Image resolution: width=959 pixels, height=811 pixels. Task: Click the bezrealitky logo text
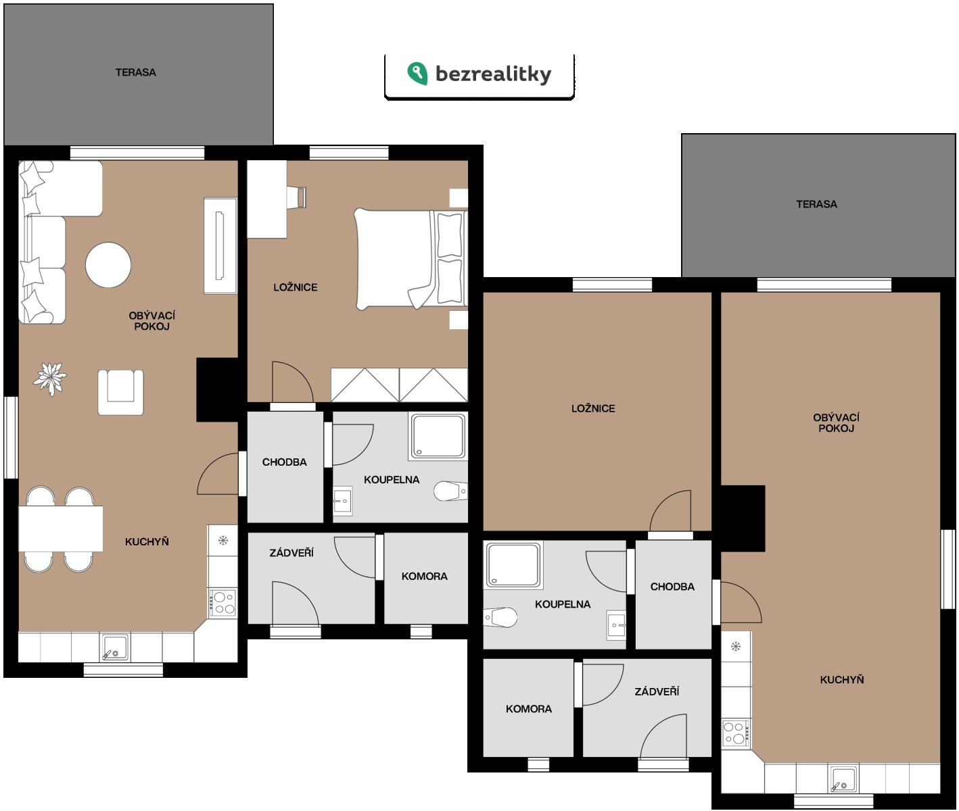[x=493, y=74]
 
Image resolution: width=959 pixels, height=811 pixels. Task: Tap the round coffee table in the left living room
[x=108, y=265]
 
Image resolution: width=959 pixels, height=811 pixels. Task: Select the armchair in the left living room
[x=120, y=392]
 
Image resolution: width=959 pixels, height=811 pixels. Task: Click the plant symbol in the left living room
[x=50, y=378]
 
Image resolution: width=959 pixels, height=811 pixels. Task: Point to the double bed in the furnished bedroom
[x=411, y=259]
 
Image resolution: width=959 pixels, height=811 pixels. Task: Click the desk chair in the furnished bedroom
[x=296, y=197]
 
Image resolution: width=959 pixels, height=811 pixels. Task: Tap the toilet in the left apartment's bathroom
[x=450, y=491]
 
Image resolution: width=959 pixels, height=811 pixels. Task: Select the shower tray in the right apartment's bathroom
[x=513, y=565]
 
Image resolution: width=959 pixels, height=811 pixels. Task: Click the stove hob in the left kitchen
[x=223, y=602]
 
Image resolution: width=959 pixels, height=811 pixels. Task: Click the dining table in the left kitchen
[x=60, y=529]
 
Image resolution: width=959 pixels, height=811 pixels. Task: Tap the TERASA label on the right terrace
[x=816, y=204]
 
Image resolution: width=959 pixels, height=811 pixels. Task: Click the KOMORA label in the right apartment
[x=528, y=709]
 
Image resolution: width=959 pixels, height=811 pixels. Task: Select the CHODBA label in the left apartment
[x=285, y=462]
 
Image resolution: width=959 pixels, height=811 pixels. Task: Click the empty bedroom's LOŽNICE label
[x=593, y=408]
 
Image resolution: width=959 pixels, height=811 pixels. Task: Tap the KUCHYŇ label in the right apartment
[x=841, y=679]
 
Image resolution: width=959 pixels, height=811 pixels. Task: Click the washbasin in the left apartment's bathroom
[x=343, y=501]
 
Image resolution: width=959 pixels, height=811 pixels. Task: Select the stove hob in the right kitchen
[x=736, y=733]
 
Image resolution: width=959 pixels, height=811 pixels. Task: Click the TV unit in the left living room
[x=220, y=246]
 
